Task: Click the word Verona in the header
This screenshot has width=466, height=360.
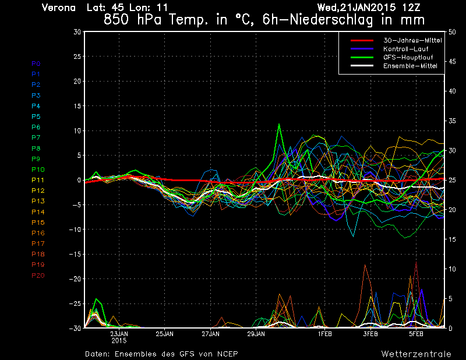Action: (59, 8)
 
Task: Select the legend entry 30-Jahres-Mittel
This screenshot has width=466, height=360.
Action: (411, 40)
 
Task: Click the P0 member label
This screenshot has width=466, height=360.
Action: (36, 63)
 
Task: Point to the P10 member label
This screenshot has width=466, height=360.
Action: (37, 170)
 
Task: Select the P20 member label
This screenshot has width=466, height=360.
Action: (37, 275)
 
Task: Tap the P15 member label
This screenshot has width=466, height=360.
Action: (37, 223)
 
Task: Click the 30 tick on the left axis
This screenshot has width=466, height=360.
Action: (77, 32)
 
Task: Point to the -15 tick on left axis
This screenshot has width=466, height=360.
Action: (75, 255)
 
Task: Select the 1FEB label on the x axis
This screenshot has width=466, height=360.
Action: (325, 334)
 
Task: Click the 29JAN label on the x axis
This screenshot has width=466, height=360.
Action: (256, 334)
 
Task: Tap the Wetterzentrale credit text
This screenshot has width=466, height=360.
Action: (416, 354)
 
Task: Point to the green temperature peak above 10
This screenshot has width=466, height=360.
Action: (280, 124)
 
